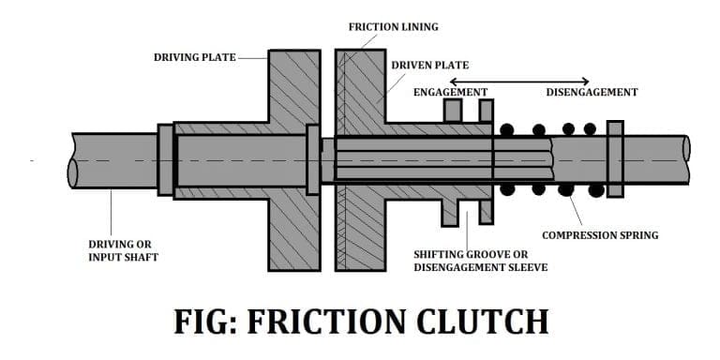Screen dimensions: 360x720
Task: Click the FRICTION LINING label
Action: [393, 26]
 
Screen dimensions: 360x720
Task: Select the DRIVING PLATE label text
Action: [195, 57]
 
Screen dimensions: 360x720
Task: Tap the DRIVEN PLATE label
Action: [429, 66]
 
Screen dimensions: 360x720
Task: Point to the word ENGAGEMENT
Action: [450, 92]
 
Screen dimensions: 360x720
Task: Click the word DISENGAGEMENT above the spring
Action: [592, 92]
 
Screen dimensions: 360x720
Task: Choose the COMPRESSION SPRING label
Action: [600, 234]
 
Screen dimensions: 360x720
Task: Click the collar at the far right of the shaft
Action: [615, 158]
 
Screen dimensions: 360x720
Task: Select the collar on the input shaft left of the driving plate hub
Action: [165, 159]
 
